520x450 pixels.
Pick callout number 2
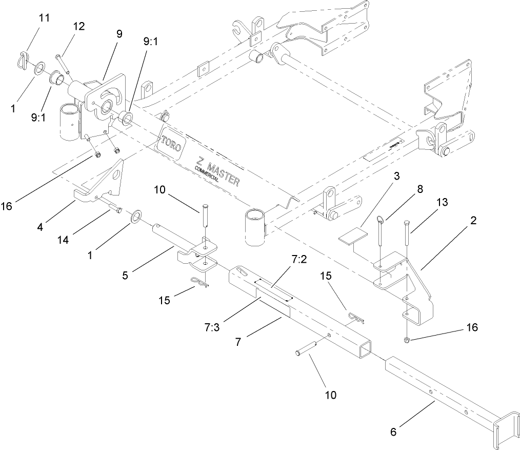(473, 222)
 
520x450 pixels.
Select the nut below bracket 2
(407, 340)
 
